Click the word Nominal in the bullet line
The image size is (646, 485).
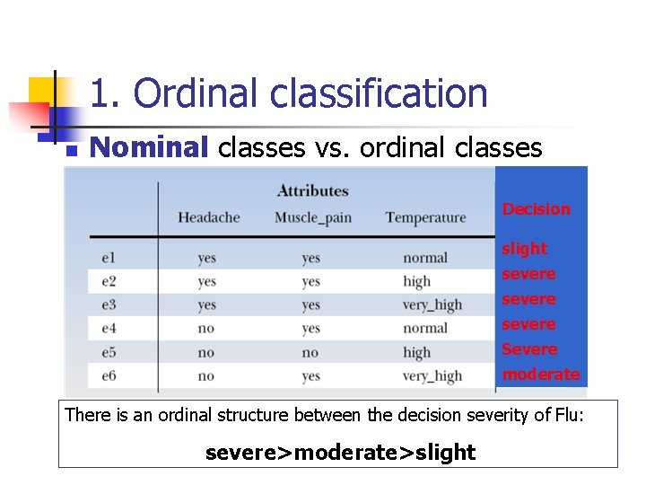(x=150, y=147)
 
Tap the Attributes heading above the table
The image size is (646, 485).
(x=312, y=190)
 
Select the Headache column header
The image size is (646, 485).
(x=209, y=217)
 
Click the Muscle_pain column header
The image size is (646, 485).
(x=313, y=217)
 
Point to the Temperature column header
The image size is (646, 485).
(x=425, y=217)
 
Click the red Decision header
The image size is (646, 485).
(x=536, y=209)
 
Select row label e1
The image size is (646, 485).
(x=109, y=258)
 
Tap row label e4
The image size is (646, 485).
(x=109, y=329)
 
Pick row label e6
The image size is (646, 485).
(x=109, y=375)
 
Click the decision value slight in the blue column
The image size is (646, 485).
(x=524, y=248)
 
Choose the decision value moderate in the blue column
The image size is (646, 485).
(x=540, y=374)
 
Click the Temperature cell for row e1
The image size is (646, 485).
(x=424, y=258)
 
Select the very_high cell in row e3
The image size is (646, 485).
(x=432, y=304)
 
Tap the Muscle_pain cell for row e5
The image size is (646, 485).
(x=310, y=352)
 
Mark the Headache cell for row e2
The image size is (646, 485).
(x=207, y=281)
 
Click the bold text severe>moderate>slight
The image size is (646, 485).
(x=340, y=452)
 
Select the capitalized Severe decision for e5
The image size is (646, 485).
(x=529, y=348)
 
